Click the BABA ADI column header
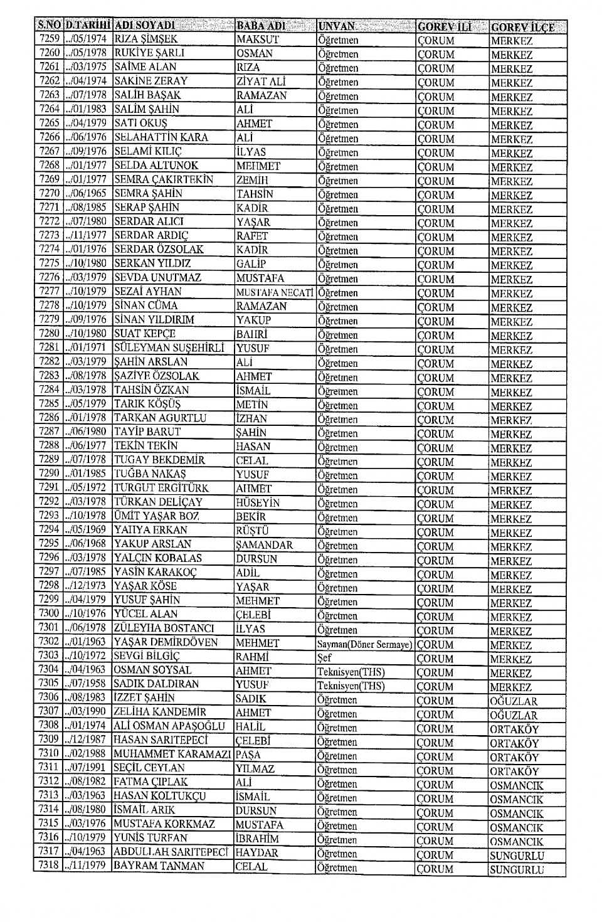(261, 26)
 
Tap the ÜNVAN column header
(337, 26)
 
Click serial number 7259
(49, 39)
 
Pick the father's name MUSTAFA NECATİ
(275, 292)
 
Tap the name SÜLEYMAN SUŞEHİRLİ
(169, 347)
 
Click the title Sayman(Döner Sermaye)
(365, 644)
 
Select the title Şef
(324, 659)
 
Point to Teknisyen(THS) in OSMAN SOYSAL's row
(351, 672)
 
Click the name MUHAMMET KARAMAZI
(172, 754)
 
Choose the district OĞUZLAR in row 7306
(514, 701)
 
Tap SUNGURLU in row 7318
(517, 869)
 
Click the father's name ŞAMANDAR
(265, 545)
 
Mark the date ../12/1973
(87, 586)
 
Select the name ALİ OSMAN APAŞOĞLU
(169, 726)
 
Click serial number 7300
(49, 613)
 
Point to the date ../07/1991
(87, 768)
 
